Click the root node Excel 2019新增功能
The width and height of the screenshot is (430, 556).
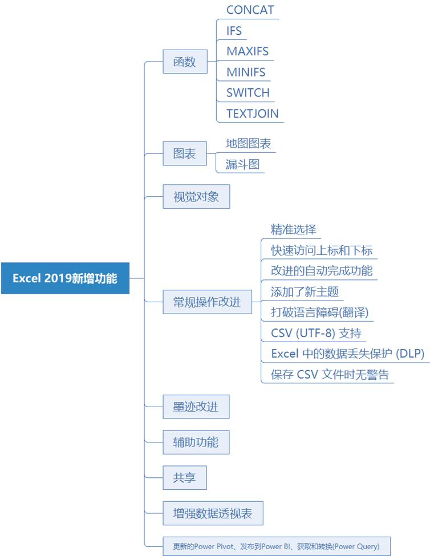[x=65, y=278]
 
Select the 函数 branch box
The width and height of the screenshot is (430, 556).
[x=185, y=62]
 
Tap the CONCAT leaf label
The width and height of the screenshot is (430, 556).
[x=250, y=10]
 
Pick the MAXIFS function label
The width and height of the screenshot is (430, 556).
[x=247, y=51]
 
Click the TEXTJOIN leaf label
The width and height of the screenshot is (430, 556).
[x=252, y=113]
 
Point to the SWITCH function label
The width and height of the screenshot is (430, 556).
[x=248, y=92]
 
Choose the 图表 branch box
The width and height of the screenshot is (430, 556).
[x=185, y=153]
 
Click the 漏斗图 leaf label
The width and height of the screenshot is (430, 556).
[x=242, y=164]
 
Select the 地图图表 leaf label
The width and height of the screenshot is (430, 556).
[x=248, y=143]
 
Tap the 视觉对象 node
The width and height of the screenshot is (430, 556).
[x=196, y=197]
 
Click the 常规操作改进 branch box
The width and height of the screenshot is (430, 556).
[x=207, y=302]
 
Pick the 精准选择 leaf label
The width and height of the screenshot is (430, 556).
[x=293, y=230]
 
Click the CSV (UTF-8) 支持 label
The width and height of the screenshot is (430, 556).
[x=316, y=332]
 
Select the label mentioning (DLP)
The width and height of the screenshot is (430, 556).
[x=347, y=354]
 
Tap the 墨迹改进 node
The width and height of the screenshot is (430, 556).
[x=196, y=407]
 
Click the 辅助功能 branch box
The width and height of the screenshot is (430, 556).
[x=196, y=442]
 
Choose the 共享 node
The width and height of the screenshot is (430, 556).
[x=185, y=477]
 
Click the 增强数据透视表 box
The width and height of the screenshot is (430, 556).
[x=213, y=513]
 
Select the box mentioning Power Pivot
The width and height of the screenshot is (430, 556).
[x=276, y=546]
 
